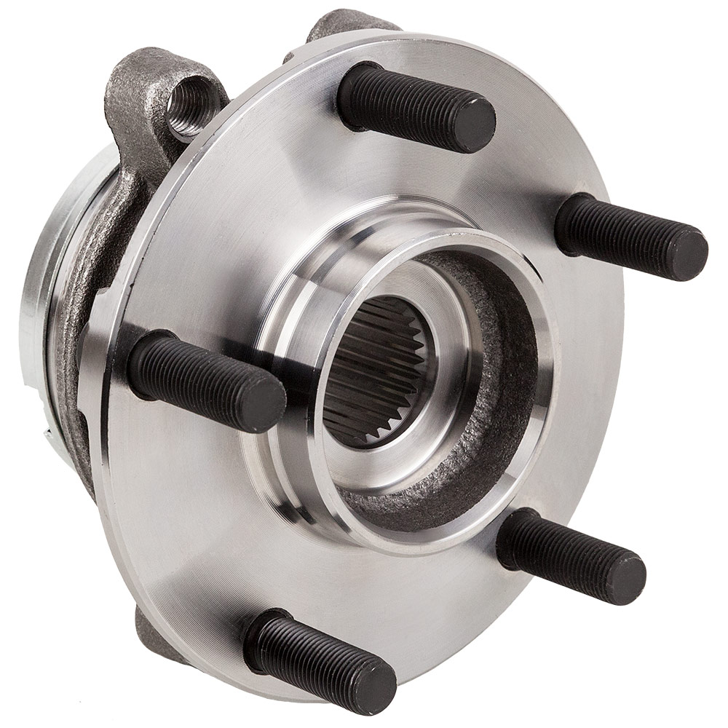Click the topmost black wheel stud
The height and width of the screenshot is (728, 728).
click(x=415, y=108)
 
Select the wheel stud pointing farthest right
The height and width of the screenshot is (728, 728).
click(x=630, y=235)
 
